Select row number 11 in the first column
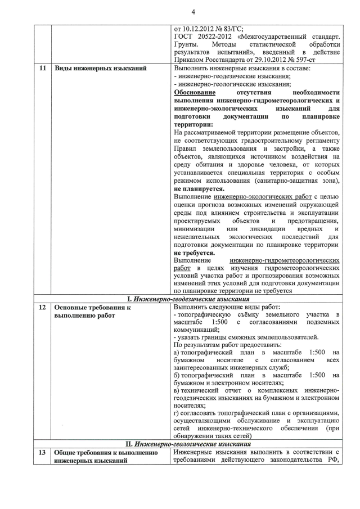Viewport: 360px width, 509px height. point(43,69)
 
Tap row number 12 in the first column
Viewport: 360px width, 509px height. point(43,308)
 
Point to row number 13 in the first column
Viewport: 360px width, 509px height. point(43,453)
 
